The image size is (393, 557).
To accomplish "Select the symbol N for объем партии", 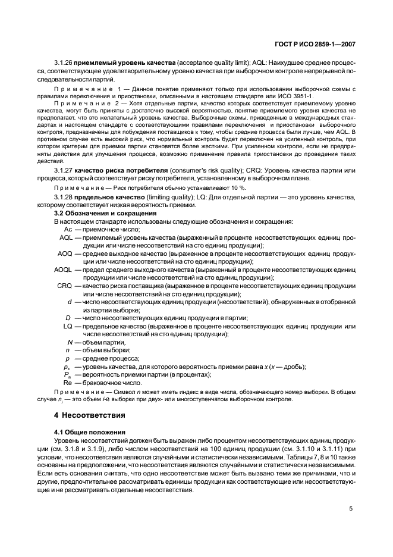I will (x=70, y=342).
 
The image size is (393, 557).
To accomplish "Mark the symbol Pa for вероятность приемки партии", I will (x=68, y=375).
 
